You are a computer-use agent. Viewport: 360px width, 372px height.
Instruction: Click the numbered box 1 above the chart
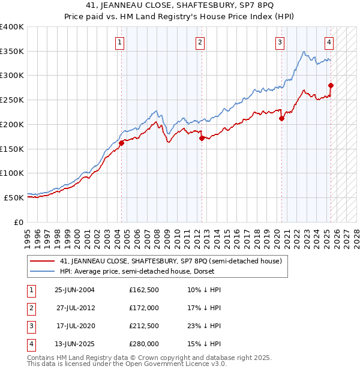click(121, 42)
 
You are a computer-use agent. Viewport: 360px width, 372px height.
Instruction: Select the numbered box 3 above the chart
click(280, 42)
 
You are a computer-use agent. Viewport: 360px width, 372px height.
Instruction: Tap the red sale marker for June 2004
click(121, 143)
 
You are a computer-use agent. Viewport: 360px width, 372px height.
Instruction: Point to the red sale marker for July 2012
click(200, 138)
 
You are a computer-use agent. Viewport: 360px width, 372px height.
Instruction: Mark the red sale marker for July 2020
click(281, 118)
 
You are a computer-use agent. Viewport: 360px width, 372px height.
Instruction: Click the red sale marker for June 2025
click(331, 85)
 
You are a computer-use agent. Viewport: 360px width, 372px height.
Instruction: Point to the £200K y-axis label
click(12, 124)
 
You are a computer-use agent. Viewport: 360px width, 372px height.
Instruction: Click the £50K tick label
click(14, 197)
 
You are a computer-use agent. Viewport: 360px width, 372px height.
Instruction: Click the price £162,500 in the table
click(144, 290)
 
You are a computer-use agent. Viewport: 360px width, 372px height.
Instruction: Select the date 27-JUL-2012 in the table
click(76, 308)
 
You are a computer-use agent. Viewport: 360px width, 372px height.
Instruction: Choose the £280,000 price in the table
click(144, 344)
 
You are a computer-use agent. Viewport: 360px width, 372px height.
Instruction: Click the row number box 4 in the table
click(30, 344)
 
